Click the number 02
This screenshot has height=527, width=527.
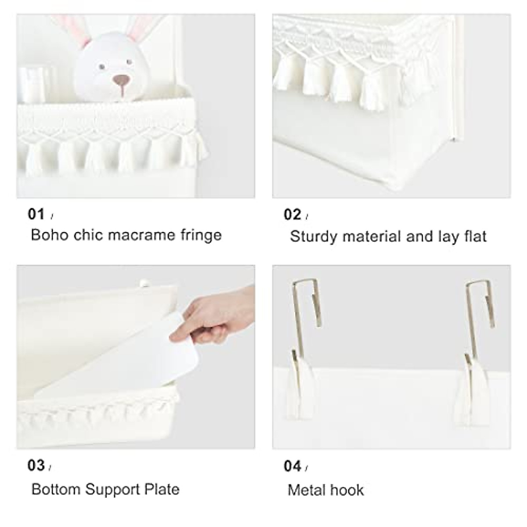292,214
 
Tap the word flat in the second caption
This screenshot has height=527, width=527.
475,237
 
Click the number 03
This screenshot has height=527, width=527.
36,465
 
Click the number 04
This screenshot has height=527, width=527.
292,466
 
